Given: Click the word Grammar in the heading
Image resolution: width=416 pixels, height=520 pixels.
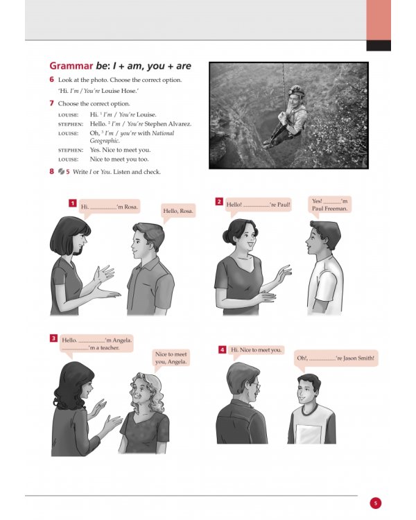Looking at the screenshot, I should point(71,67).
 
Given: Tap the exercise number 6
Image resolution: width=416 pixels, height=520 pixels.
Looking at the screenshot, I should point(52,80).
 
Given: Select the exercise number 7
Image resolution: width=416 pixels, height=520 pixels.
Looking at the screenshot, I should point(52,103).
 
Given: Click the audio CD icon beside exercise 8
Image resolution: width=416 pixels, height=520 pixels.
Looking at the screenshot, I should point(61,171).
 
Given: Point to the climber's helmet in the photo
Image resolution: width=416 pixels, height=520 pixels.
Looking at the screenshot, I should point(297,89).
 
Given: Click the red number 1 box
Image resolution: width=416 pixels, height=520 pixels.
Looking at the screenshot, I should point(72,203).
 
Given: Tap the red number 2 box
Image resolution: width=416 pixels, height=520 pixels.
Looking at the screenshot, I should point(219,202).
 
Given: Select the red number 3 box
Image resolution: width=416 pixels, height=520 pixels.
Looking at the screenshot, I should point(53,338).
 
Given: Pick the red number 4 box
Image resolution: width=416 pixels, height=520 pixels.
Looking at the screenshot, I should point(223,350).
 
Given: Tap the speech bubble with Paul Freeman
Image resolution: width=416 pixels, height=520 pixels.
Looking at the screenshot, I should point(331,204).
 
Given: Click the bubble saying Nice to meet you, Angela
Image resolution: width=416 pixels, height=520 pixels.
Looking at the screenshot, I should point(171,358).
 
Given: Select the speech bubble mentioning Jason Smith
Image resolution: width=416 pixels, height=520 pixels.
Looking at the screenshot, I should point(336,358).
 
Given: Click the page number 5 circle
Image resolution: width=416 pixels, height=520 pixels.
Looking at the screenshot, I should point(375,503).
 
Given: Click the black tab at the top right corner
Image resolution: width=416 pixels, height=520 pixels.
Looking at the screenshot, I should point(379,46).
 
